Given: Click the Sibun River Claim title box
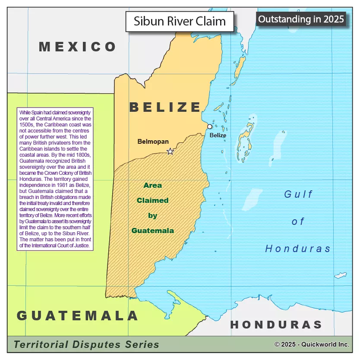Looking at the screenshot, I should pyautogui.click(x=180, y=22).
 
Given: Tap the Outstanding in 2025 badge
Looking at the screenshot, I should pyautogui.click(x=301, y=19).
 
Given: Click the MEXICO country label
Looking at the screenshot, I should pyautogui.click(x=78, y=47).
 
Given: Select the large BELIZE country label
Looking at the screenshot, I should pyautogui.click(x=166, y=107).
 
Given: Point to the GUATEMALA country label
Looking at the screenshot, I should pyautogui.click(x=78, y=316).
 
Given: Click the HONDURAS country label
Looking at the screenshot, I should pyautogui.click(x=276, y=325).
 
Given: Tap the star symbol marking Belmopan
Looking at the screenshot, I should pyautogui.click(x=170, y=152).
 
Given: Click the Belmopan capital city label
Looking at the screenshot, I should pyautogui.click(x=153, y=141).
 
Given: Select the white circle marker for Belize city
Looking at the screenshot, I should pyautogui.click(x=210, y=126).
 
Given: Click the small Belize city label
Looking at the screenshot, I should pyautogui.click(x=218, y=135).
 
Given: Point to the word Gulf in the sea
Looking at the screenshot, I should pyautogui.click(x=298, y=194).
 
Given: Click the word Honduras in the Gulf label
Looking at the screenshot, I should pyautogui.click(x=298, y=249).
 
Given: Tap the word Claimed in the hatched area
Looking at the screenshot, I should pyautogui.click(x=152, y=200).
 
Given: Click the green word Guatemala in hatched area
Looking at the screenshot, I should pyautogui.click(x=152, y=231).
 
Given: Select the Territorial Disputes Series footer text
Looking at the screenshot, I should pyautogui.click(x=86, y=344).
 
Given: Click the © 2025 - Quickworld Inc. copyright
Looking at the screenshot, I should pyautogui.click(x=312, y=344).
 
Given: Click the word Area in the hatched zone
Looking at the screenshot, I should pyautogui.click(x=153, y=185).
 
